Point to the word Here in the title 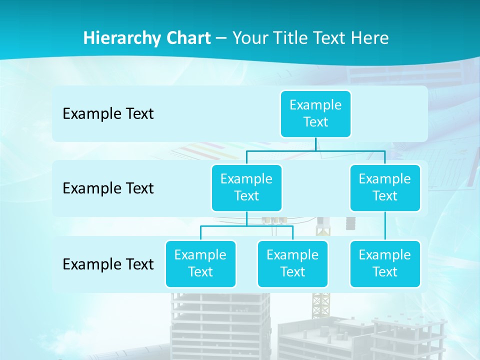tap(371, 38)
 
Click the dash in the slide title tap(221, 38)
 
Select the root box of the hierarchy tap(315, 113)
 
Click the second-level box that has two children tap(246, 187)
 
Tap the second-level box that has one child tap(385, 187)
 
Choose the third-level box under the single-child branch tap(385, 263)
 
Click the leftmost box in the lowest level tap(200, 263)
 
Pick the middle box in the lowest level tap(292, 263)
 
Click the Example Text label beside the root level tap(108, 114)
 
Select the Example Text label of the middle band tap(108, 188)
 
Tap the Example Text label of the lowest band tap(108, 264)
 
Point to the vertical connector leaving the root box tap(315, 144)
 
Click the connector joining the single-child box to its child tap(385, 226)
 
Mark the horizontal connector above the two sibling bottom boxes tap(246, 226)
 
